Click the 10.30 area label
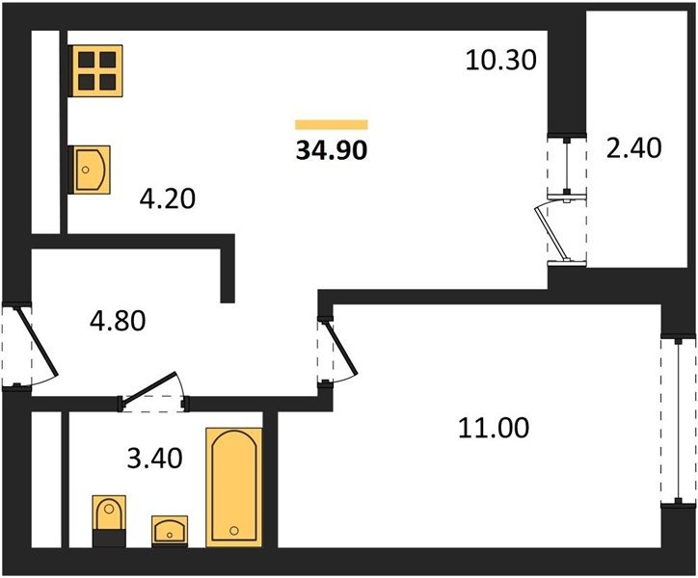click(x=500, y=60)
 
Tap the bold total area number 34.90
click(x=332, y=150)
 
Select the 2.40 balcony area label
click(x=634, y=147)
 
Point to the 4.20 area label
click(x=168, y=198)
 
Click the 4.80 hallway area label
click(x=118, y=321)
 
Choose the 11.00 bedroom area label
click(x=494, y=428)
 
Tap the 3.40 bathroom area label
click(x=154, y=458)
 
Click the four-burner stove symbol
click(x=96, y=70)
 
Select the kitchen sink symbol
click(x=91, y=170)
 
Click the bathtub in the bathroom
click(x=234, y=487)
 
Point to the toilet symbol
click(x=109, y=520)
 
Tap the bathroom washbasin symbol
click(x=170, y=531)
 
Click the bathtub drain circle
click(x=234, y=531)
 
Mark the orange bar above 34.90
click(x=332, y=124)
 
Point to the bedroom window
click(x=678, y=421)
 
